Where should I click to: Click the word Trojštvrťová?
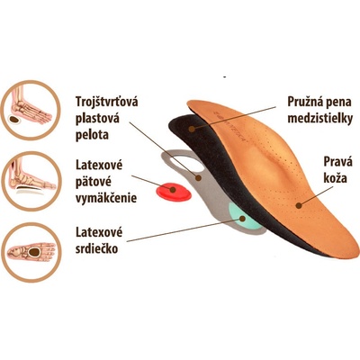(x=107, y=102)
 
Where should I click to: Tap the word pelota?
(x=92, y=135)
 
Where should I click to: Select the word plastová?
(x=97, y=119)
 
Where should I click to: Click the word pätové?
(x=94, y=182)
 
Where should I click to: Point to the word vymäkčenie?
(x=106, y=198)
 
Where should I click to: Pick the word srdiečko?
(x=96, y=248)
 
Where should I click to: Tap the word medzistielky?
(x=319, y=119)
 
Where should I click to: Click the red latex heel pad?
(x=174, y=192)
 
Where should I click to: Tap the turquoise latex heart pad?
(x=243, y=217)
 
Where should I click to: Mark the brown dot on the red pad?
(x=173, y=190)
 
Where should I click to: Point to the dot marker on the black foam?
(x=192, y=130)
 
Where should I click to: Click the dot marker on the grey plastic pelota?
(x=198, y=178)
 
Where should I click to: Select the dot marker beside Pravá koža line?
(x=298, y=205)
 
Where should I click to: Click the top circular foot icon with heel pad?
(x=31, y=110)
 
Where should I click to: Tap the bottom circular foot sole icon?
(x=31, y=252)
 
